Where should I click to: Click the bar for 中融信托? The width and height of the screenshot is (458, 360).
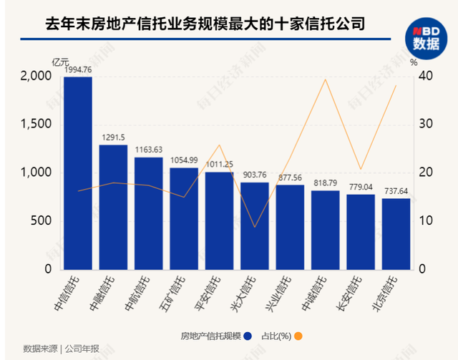click(x=113, y=208)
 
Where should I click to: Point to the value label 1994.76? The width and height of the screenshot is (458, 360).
click(x=78, y=70)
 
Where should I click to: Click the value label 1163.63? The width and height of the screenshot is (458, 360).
click(x=148, y=150)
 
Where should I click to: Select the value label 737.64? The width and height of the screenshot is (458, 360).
click(x=396, y=192)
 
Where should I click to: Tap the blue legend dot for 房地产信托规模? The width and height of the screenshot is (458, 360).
click(x=248, y=336)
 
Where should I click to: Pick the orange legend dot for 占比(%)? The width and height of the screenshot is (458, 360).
click(x=298, y=336)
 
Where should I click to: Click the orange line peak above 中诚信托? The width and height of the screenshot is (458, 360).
click(x=326, y=79)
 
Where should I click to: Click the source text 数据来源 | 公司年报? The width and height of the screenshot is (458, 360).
click(x=61, y=349)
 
